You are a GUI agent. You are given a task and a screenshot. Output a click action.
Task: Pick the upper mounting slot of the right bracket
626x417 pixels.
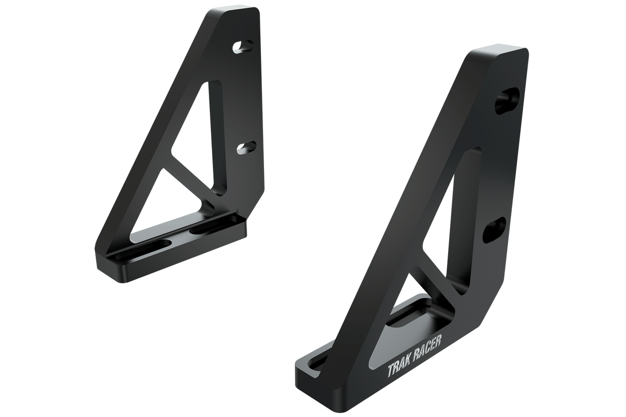(x=507, y=101)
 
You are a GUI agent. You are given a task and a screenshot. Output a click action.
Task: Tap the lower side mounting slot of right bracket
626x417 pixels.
(x=495, y=229)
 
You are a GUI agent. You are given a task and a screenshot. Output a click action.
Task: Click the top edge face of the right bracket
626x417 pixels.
(x=499, y=52)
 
